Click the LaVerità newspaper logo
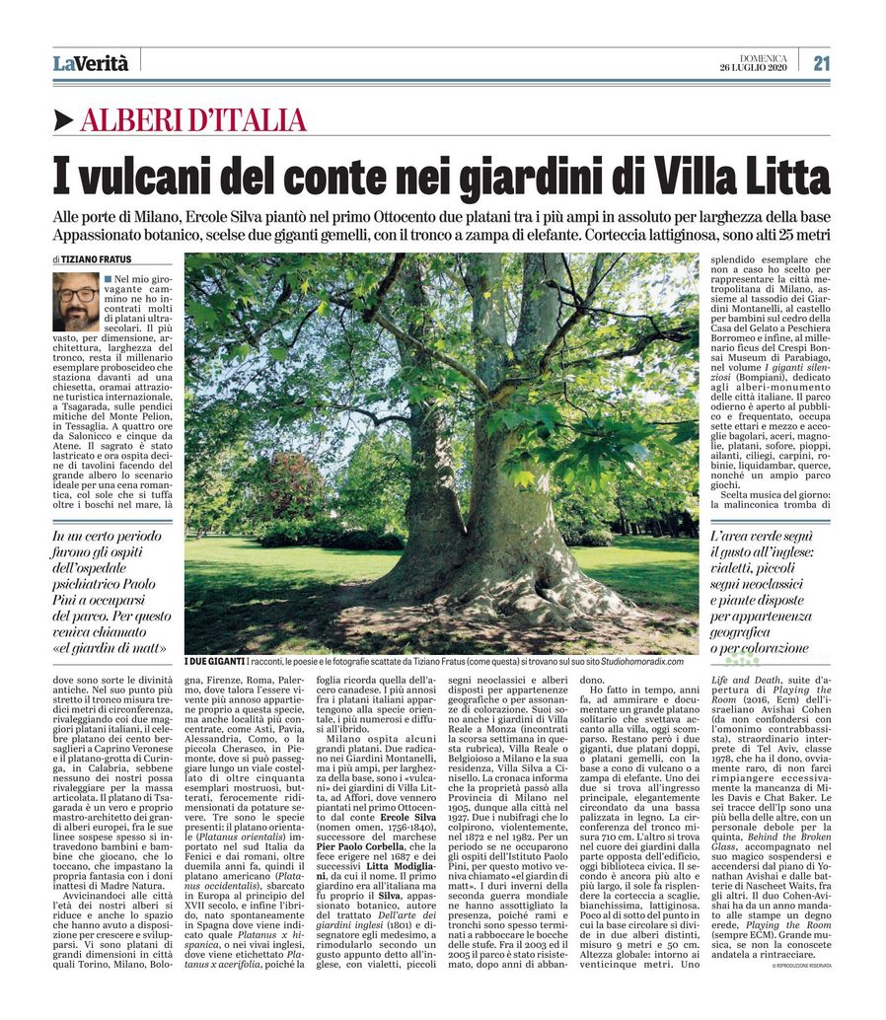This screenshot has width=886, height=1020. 91,64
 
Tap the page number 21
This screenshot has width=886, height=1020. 820,64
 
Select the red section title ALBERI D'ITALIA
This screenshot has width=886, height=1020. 193,120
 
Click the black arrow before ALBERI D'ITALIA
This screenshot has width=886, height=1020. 64,120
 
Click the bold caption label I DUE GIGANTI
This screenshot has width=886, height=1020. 215,662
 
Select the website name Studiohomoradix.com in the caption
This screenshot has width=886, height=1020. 636,662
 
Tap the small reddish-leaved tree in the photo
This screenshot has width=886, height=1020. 282,483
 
